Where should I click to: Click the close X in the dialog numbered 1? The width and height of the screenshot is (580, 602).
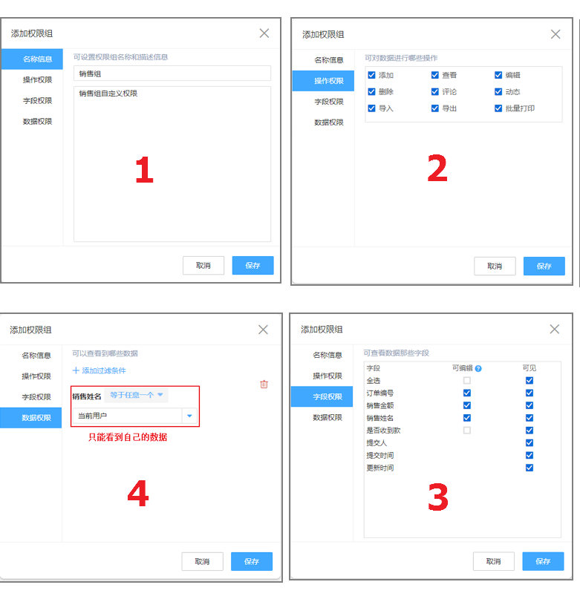click(264, 33)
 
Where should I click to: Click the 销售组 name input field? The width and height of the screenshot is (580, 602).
click(172, 73)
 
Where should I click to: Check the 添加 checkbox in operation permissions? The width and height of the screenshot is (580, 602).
click(371, 75)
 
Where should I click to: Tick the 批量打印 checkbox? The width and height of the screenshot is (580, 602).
click(498, 108)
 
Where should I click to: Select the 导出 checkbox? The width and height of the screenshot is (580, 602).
click(434, 108)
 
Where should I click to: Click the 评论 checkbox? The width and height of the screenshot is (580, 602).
click(434, 91)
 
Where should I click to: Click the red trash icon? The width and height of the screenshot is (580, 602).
click(264, 384)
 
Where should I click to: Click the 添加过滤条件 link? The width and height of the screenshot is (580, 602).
click(100, 370)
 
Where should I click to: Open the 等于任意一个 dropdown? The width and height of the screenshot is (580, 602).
click(137, 395)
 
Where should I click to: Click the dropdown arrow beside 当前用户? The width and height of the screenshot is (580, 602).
click(189, 416)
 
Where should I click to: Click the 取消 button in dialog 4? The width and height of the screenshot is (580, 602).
click(202, 561)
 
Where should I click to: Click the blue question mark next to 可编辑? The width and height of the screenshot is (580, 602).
click(478, 369)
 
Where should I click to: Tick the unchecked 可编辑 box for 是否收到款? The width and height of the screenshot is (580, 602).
click(467, 431)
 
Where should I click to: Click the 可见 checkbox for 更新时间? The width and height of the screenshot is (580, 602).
click(530, 468)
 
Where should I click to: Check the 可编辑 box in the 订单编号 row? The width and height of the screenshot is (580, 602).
click(467, 393)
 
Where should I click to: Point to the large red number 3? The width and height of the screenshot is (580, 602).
click(438, 497)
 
